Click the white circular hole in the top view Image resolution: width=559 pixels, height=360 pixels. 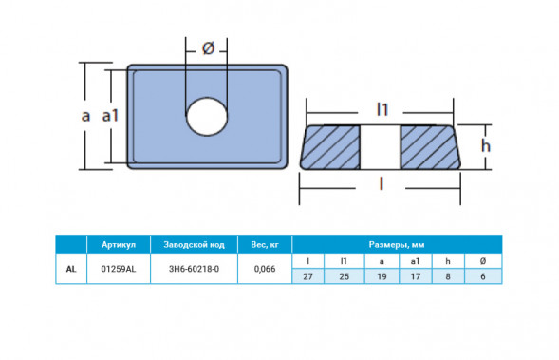point(207,116)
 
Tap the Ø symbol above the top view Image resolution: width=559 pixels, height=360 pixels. point(208,48)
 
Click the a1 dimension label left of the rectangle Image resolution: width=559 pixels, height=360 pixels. point(110,116)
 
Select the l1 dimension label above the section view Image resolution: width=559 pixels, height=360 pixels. point(382,109)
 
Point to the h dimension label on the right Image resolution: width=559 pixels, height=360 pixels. point(486,145)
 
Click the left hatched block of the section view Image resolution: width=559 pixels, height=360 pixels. point(330,147)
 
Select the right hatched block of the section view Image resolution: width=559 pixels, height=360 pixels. point(430,147)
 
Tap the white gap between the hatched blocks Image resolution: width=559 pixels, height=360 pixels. point(381,147)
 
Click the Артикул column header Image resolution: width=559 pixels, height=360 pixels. point(119,245)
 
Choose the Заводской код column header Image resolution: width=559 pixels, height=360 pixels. point(194,245)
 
